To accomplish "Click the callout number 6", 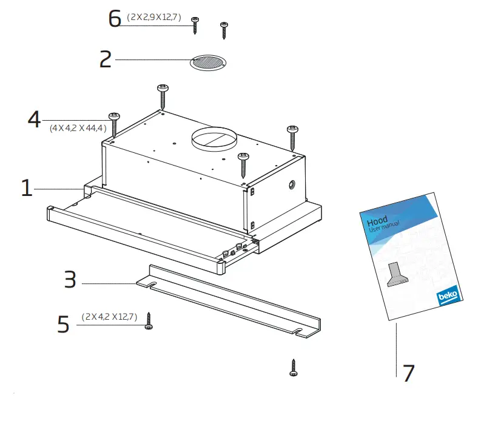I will click(x=115, y=19).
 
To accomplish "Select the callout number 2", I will click(x=106, y=59).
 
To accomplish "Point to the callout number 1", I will click(x=26, y=188).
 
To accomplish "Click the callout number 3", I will click(x=70, y=280).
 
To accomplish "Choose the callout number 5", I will click(x=64, y=324).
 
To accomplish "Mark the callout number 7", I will click(x=408, y=373).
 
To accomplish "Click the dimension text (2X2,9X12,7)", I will click(x=154, y=17).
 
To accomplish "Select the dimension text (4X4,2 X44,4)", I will click(x=78, y=128).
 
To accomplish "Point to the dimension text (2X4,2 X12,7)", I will click(x=110, y=317).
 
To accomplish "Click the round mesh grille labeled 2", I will click(x=208, y=62).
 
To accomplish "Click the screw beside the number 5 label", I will click(x=149, y=321).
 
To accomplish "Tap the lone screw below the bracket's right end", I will click(x=294, y=367).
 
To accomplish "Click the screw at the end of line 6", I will click(x=195, y=25).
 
